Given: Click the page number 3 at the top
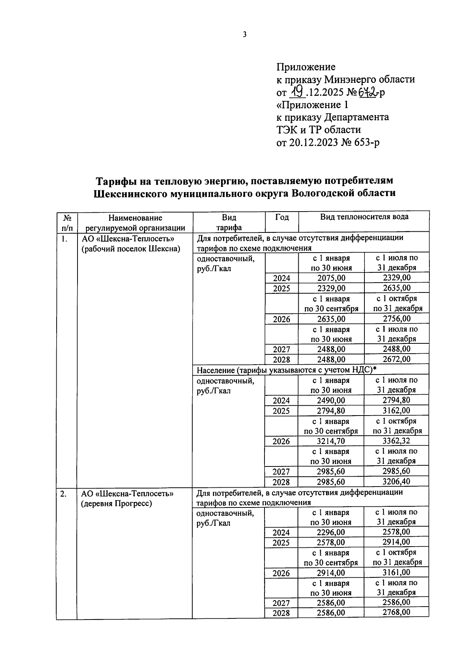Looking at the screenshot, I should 245,35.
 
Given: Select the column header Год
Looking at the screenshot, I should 282,217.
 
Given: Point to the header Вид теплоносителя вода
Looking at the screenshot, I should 364,217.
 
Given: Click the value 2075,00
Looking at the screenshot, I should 331,278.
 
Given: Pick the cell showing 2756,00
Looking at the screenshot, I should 397,319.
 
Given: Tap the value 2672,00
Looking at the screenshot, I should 397,359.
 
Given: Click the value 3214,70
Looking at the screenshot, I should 331,441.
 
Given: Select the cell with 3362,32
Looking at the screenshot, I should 397,441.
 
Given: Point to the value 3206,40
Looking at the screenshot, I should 397,481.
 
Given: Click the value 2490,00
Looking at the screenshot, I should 331,400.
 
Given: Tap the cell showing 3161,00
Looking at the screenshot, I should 396,572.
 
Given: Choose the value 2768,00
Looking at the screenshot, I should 396,612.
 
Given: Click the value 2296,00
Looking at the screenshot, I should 331,532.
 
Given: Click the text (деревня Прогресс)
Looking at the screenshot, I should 116,504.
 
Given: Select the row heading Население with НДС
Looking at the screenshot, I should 284,370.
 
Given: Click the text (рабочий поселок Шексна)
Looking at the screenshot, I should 130,249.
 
